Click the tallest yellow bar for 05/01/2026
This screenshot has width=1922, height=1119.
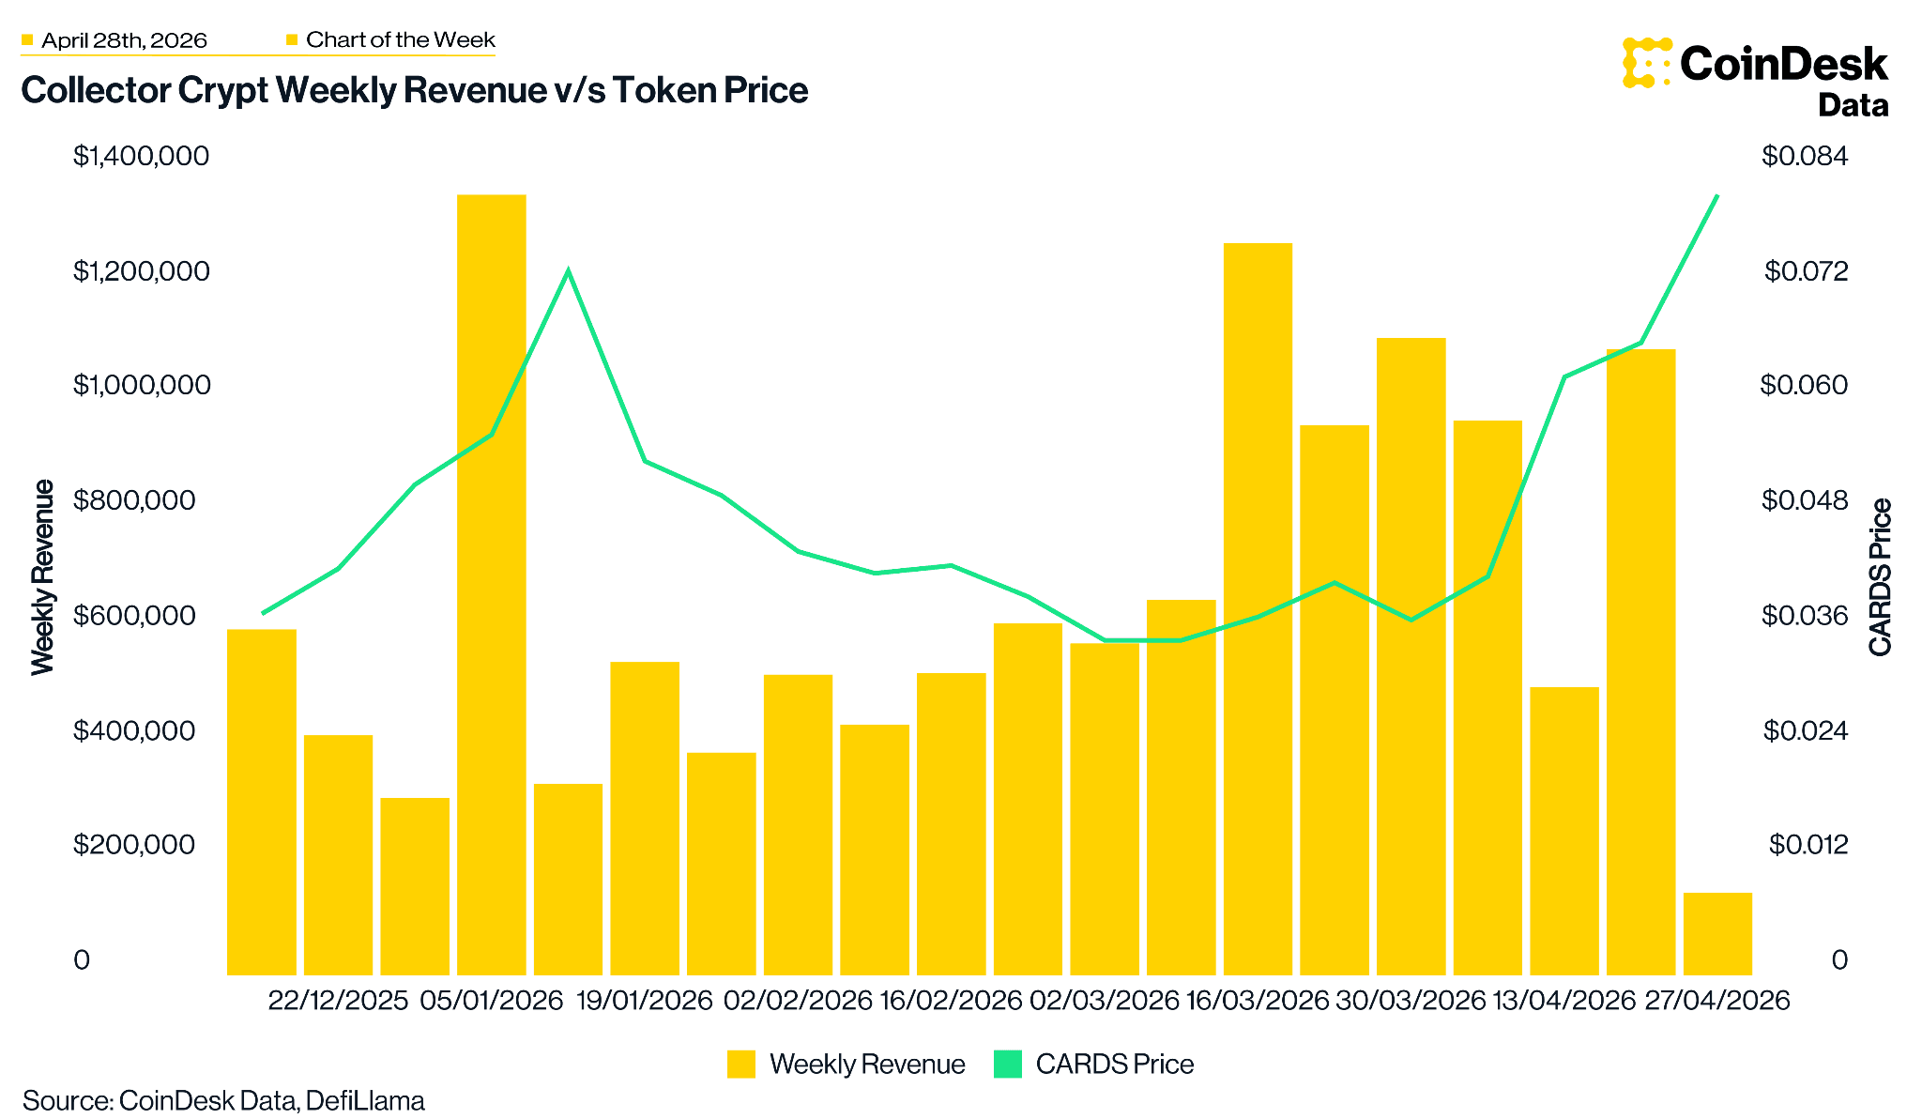tap(491, 582)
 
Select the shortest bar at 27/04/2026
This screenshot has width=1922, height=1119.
tap(1716, 933)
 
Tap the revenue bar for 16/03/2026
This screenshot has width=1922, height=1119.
tap(1258, 610)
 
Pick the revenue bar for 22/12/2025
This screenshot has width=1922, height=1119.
tap(338, 854)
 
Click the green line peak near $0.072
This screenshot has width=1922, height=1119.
tap(568, 271)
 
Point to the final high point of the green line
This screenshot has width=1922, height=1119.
tap(1716, 196)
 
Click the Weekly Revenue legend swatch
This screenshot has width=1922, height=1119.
tap(740, 1064)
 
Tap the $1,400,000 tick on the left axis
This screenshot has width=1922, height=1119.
tap(141, 156)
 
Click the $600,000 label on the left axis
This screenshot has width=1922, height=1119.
tap(141, 616)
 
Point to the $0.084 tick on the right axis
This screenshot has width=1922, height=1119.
tap(1804, 156)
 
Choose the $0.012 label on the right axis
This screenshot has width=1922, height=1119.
tap(1808, 845)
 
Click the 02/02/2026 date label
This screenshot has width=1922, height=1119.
tap(798, 1001)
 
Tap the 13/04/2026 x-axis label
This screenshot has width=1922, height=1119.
tap(1564, 1001)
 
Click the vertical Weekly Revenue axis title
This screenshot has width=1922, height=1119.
tap(42, 576)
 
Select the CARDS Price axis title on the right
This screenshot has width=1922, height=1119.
tap(1880, 576)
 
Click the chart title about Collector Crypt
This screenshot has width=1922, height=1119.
tap(414, 91)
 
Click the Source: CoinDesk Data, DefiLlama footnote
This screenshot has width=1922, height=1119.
tap(223, 1100)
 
